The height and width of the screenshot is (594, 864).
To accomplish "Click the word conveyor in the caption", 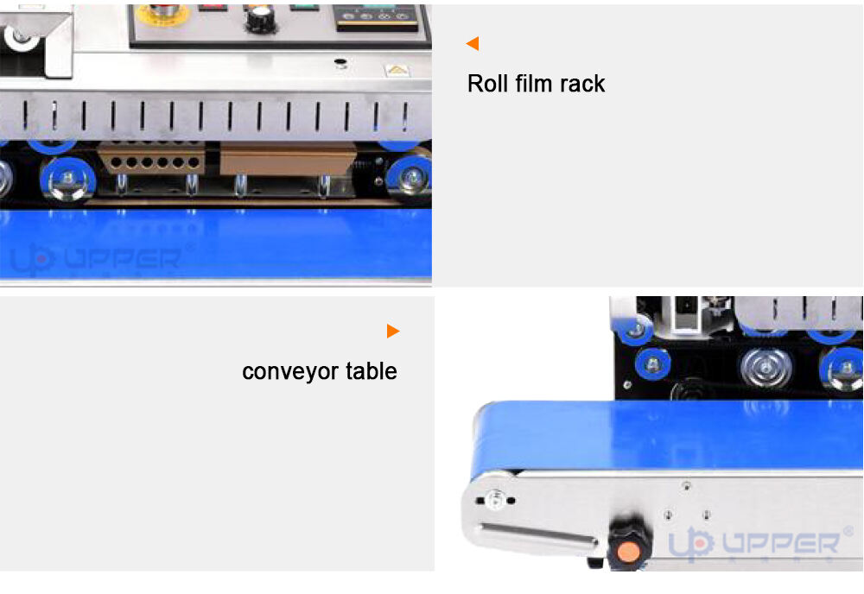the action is pos(290,371).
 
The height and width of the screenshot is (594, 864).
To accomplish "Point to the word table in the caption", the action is pos(372,371).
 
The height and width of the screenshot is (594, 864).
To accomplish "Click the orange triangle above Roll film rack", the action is pos(473,43).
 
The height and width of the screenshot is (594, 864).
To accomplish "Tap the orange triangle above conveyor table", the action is pos(393,331).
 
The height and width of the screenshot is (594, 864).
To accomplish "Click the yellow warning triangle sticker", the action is pos(397,71).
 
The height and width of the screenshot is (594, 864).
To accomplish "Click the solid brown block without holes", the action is pos(287,159).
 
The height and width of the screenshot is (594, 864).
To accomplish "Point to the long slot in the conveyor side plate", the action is pos(538,534).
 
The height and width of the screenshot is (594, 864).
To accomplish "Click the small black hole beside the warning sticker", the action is pos(340,61).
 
